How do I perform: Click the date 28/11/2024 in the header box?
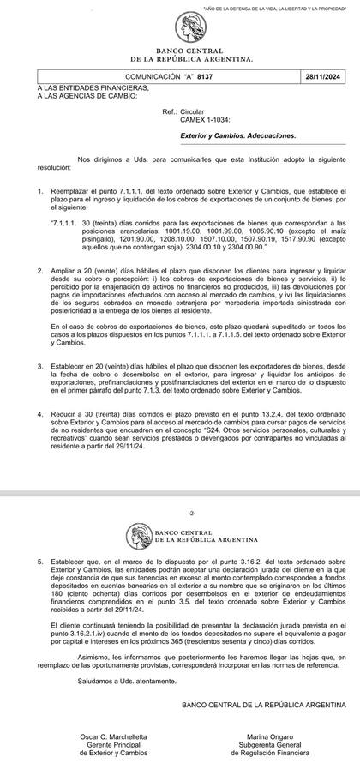pos(325,75)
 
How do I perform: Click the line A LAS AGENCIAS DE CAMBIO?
pos(82,94)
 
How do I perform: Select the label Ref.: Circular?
pos(183,112)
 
